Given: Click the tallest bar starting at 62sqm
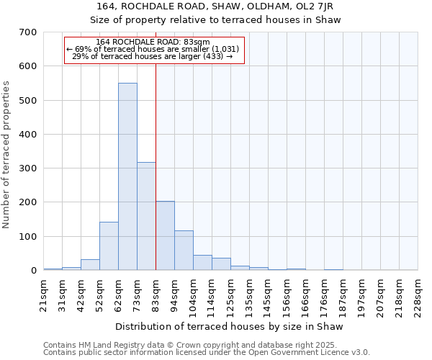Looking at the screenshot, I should [x=127, y=176].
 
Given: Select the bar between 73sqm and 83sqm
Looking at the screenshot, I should [x=146, y=216].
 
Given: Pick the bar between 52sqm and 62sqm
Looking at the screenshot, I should [x=109, y=246].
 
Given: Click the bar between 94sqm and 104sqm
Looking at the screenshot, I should [x=184, y=250].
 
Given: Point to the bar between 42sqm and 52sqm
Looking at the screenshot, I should [x=90, y=264].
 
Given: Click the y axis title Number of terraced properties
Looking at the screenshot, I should [x=6, y=154].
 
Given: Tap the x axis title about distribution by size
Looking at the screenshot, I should [x=230, y=327].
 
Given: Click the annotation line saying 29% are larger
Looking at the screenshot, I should [x=153, y=56].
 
